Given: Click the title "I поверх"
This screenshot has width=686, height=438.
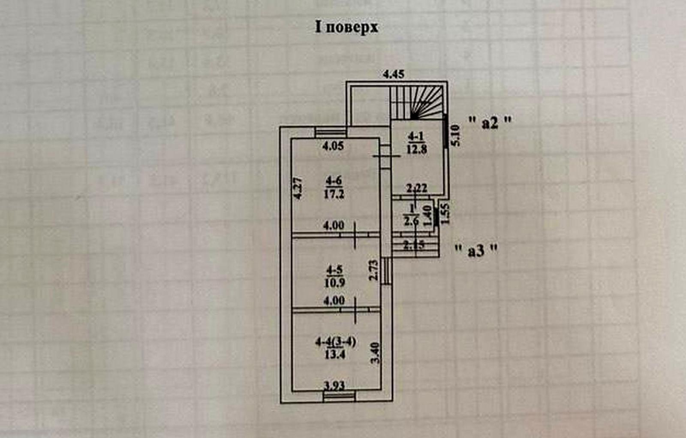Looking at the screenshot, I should point(346,27).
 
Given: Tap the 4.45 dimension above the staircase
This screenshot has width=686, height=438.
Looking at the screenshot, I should point(393,74).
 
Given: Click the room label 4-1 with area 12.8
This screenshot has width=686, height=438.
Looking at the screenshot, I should point(416,143).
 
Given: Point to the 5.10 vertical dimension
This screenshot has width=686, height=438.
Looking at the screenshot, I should point(455,136).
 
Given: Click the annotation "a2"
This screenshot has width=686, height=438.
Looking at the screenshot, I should point(490,122).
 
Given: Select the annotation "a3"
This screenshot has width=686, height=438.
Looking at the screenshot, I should point(476,250).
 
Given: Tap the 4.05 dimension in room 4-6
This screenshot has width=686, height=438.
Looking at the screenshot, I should point(333,145).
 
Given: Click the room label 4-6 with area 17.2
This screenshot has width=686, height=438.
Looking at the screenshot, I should point(334,188).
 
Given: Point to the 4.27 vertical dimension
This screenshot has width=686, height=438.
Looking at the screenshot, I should point(298,188).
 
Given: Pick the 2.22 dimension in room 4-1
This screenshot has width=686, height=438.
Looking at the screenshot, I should point(416,188).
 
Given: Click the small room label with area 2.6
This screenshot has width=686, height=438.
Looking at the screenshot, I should point(411,215).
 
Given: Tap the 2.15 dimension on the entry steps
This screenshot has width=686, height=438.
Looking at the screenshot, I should point(414,245).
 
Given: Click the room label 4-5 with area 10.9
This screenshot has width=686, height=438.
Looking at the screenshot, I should point(334,276).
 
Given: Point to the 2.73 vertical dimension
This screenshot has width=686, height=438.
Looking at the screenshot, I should point(374,270).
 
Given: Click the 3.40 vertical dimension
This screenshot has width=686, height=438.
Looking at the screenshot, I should point(375,353).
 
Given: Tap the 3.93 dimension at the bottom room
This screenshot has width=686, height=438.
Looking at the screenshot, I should point(334,385).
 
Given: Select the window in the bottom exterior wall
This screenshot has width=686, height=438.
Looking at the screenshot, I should point(339,396).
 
